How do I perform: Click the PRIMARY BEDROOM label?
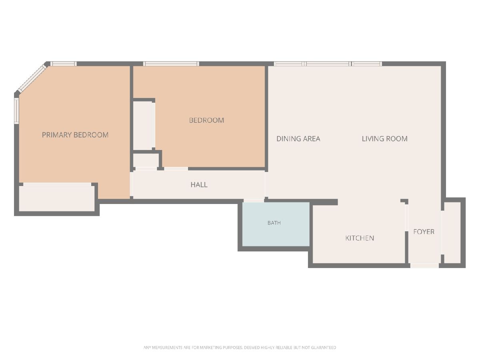click(75, 135)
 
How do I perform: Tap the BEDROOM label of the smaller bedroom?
click(206, 120)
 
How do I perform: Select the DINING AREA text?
click(298, 138)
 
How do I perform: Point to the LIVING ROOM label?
click(385, 138)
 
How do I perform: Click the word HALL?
click(199, 185)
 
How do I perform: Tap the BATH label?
click(274, 223)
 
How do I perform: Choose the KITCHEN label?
click(360, 238)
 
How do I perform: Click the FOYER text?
click(424, 232)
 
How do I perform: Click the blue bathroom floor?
click(276, 224)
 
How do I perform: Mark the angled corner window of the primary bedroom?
click(32, 78)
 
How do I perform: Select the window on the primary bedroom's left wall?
click(17, 111)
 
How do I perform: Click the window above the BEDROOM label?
click(171, 64)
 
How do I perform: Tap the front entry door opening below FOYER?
click(425, 266)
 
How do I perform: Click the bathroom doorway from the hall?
click(254, 200)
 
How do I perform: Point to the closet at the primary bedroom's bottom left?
click(57, 198)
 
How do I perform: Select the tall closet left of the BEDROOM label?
click(144, 126)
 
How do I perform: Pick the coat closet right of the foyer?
click(452, 233)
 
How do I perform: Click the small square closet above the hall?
click(146, 160)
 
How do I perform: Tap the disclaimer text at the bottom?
click(240, 348)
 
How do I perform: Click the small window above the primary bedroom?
click(64, 64)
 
